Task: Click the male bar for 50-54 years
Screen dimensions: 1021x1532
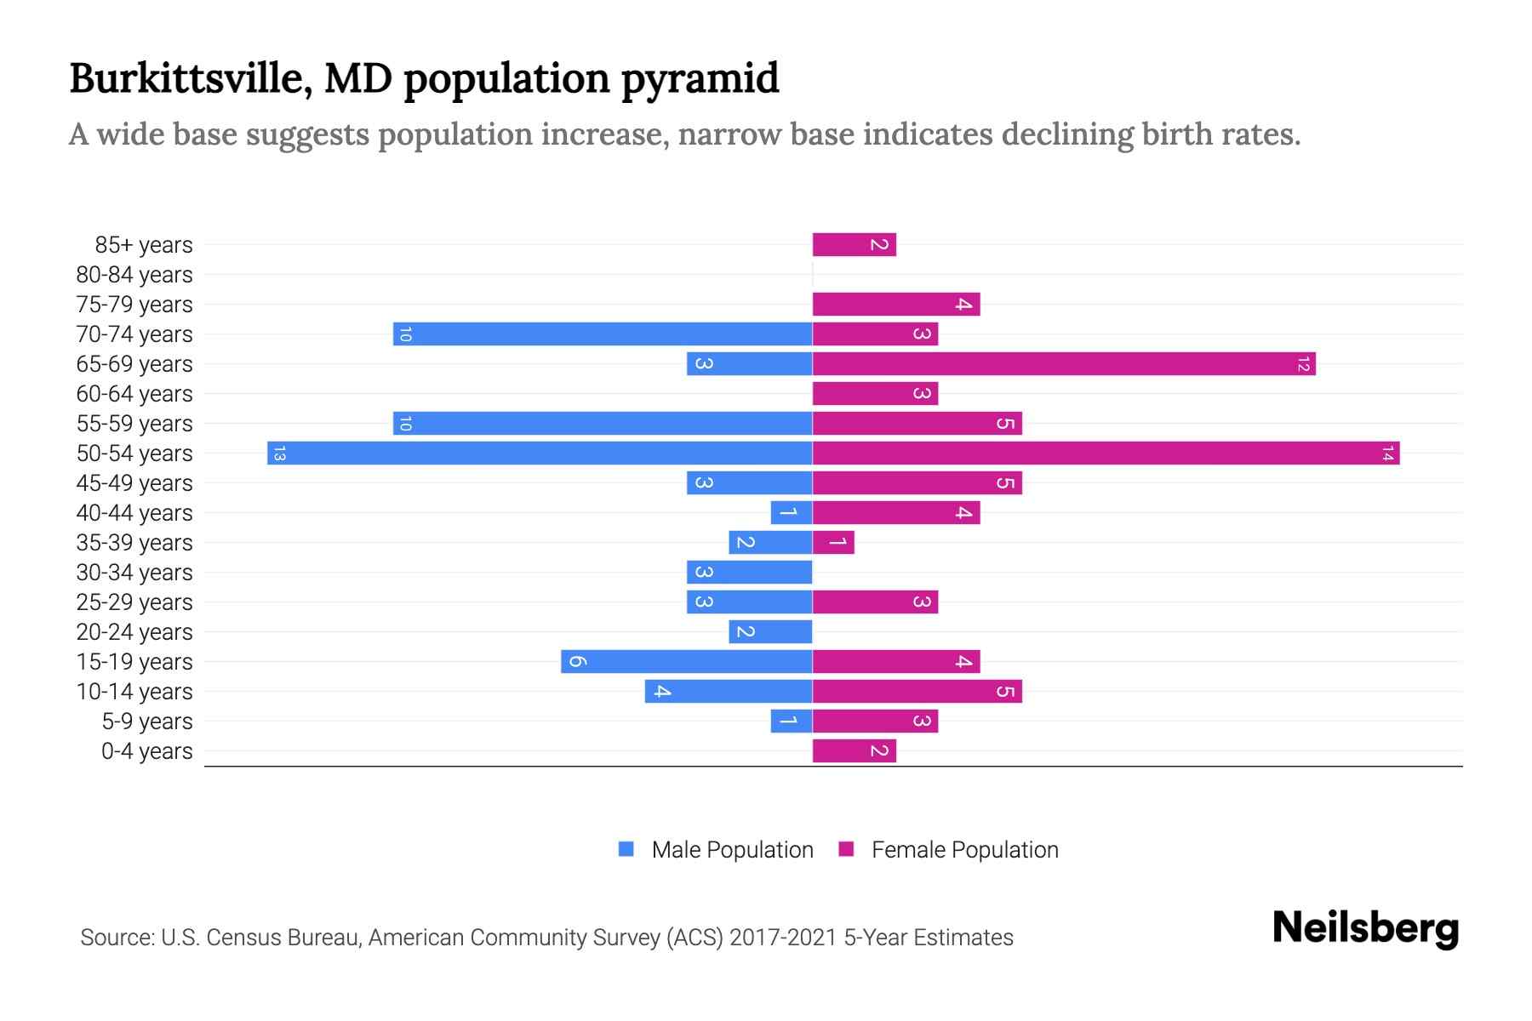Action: click(x=540, y=453)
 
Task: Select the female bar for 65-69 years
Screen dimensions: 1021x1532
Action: click(x=1064, y=363)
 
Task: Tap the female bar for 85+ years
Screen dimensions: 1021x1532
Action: click(x=854, y=244)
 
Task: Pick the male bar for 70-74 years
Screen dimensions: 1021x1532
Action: click(x=603, y=334)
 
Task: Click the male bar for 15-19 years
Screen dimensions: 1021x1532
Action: click(x=686, y=661)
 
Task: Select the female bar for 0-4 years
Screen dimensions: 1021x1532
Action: click(x=854, y=750)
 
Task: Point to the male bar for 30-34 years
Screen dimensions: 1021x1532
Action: click(x=749, y=572)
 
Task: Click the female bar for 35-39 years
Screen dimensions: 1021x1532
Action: click(x=833, y=542)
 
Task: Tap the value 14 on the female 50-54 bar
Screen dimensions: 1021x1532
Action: click(x=1387, y=453)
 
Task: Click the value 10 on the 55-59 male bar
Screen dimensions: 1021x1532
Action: click(x=405, y=424)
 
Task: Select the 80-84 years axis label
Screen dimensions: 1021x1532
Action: click(x=134, y=275)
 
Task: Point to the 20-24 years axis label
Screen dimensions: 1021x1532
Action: click(x=134, y=632)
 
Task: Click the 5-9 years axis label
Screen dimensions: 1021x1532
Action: click(x=147, y=722)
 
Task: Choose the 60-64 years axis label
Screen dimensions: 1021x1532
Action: click(x=134, y=394)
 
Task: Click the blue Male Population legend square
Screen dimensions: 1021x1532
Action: click(x=626, y=849)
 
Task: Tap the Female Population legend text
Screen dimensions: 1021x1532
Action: click(x=964, y=850)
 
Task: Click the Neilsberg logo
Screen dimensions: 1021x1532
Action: click(x=1365, y=928)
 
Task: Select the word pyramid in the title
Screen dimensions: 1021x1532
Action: click(x=700, y=80)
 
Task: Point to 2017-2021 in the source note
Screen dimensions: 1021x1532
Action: click(x=783, y=938)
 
